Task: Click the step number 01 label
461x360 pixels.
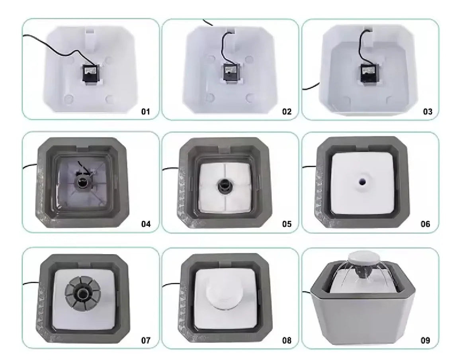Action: coord(146,112)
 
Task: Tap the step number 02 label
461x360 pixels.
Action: coord(287,112)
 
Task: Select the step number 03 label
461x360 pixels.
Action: coord(428,112)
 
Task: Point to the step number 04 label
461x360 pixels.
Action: coord(146,224)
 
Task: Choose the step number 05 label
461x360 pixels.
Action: coord(287,224)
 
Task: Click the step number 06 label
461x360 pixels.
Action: coord(426,224)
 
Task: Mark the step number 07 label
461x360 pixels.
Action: coord(146,340)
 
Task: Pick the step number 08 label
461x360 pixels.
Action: coord(287,340)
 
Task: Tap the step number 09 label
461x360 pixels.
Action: coord(426,340)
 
